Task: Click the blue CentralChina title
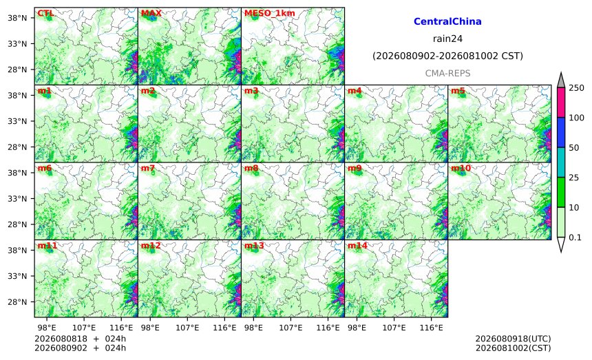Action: click(447, 21)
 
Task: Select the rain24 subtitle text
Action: click(447, 39)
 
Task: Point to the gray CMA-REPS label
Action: click(447, 73)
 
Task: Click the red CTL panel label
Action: click(45, 13)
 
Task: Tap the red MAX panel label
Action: click(151, 13)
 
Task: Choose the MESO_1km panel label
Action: click(270, 13)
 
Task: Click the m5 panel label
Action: click(458, 91)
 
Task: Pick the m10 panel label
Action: click(461, 169)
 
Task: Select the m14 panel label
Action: click(357, 246)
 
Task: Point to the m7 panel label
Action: click(148, 169)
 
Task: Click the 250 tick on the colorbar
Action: click(577, 88)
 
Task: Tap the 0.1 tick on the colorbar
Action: click(575, 237)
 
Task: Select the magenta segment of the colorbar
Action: click(561, 103)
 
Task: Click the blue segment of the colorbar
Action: click(561, 132)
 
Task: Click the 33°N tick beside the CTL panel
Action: click(17, 44)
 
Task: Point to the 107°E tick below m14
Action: click(394, 328)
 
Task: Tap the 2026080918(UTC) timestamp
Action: click(513, 339)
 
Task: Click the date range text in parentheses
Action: click(447, 56)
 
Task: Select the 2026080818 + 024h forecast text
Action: click(80, 339)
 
